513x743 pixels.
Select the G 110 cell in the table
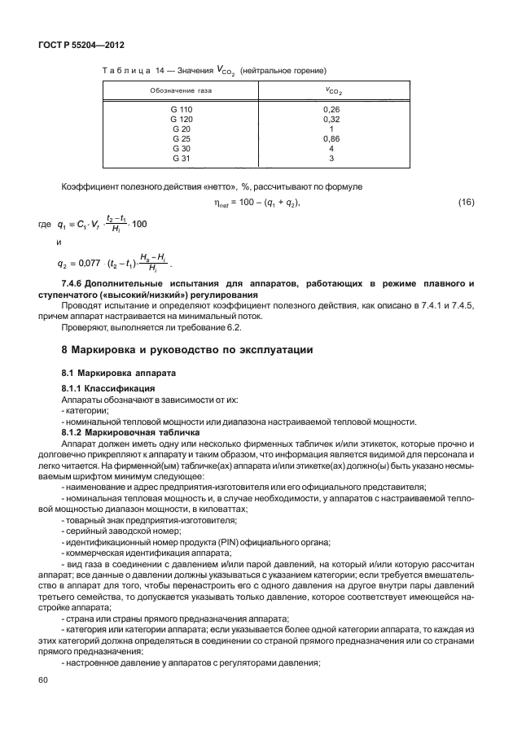tap(182, 108)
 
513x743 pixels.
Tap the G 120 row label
tap(182, 119)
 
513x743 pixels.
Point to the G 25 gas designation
tap(182, 139)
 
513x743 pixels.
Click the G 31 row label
tap(182, 159)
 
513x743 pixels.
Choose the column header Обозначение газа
tap(180, 90)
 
